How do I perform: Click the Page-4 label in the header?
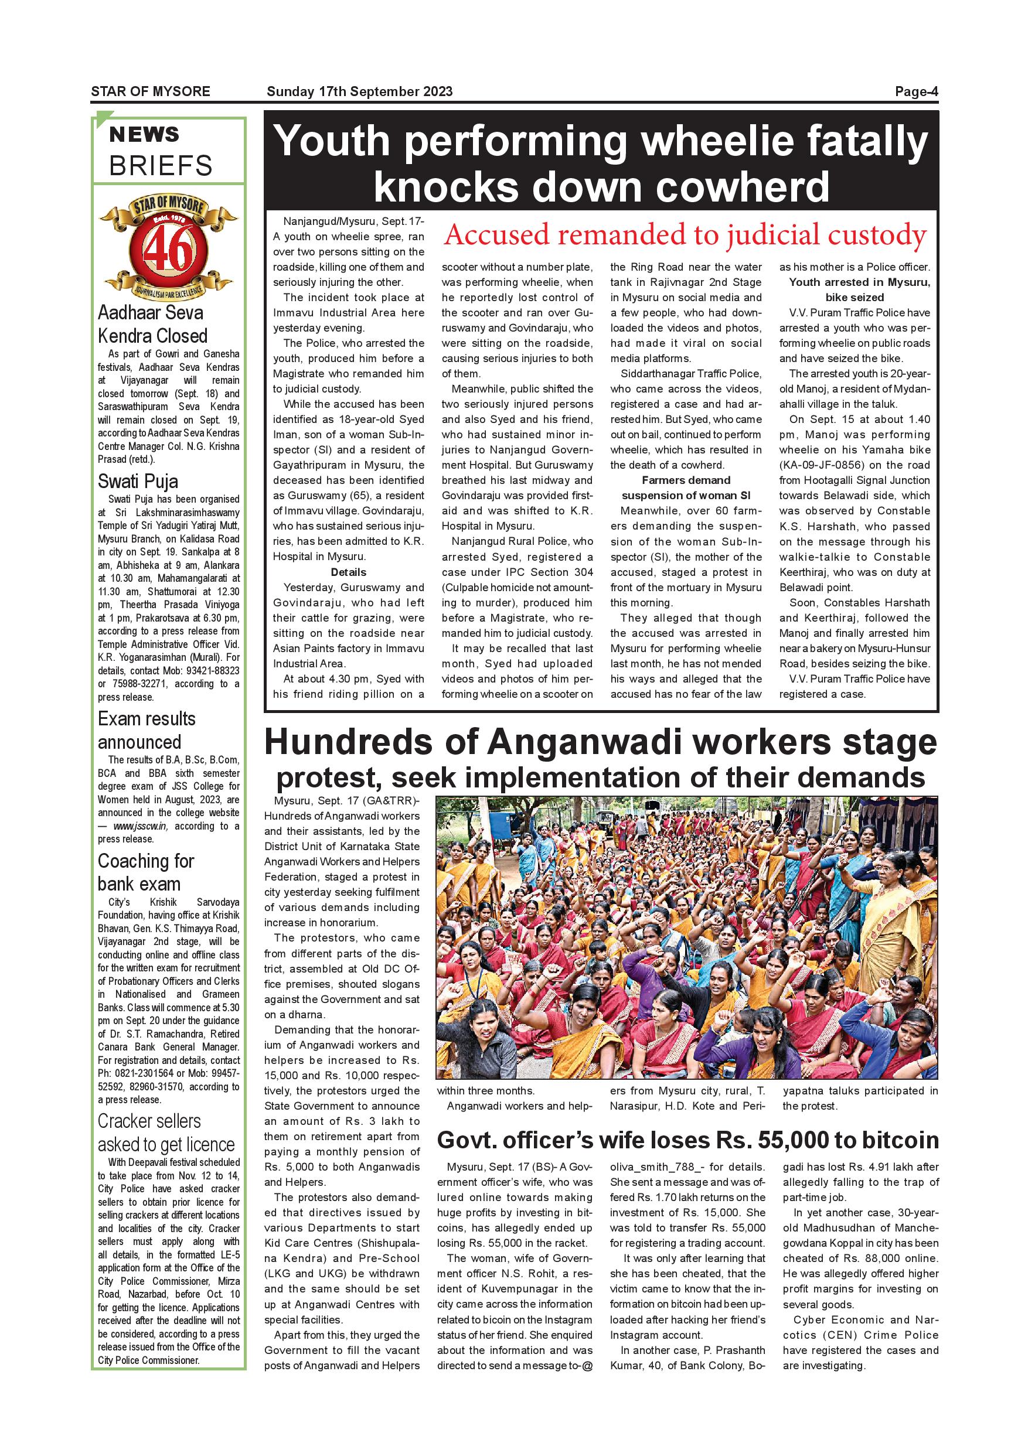coord(915,92)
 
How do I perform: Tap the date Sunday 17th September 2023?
coord(359,92)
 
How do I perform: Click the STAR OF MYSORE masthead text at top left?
coord(151,92)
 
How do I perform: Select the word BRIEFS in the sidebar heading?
coord(161,166)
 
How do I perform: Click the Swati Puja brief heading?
coord(138,482)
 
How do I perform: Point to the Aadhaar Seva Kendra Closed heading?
coord(152,324)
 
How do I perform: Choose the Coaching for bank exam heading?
coord(145,872)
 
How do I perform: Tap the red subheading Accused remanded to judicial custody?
coord(685,235)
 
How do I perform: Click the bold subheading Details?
coord(348,572)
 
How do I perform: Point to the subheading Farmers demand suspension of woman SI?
coord(686,488)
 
